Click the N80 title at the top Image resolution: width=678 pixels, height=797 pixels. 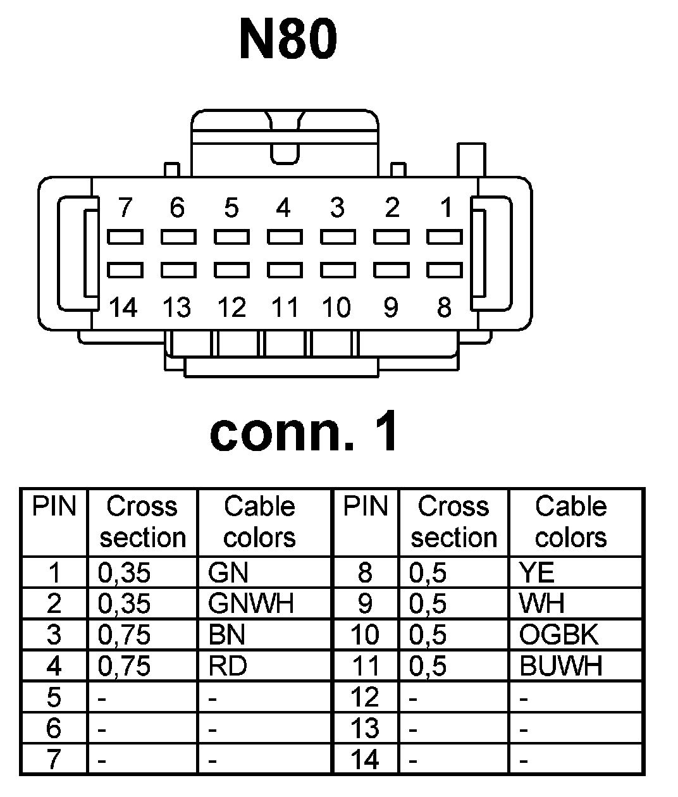[288, 39]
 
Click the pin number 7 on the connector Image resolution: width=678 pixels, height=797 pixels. [125, 207]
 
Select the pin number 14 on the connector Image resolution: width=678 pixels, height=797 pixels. [123, 308]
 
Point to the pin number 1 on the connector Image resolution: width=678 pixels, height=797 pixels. [446, 207]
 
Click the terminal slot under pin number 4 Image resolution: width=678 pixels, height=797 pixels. [285, 237]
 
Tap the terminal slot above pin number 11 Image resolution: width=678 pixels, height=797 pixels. [285, 270]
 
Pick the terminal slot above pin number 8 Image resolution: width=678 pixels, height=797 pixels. [445, 270]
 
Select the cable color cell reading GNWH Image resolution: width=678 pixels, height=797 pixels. [250, 603]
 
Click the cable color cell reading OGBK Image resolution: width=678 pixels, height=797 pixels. [558, 634]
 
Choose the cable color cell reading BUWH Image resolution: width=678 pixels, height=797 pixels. [561, 665]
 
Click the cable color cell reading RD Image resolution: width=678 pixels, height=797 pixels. [228, 665]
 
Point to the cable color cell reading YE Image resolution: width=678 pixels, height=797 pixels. [537, 573]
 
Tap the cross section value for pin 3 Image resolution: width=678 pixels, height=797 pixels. [125, 634]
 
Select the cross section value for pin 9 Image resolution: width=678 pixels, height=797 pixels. [428, 603]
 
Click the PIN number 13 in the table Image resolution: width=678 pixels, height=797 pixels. [365, 728]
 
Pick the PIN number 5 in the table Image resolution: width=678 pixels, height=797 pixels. [54, 697]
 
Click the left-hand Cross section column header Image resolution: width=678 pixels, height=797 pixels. [143, 522]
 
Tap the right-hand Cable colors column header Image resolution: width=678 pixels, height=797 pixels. [570, 522]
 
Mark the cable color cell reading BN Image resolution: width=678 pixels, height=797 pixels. [226, 634]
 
